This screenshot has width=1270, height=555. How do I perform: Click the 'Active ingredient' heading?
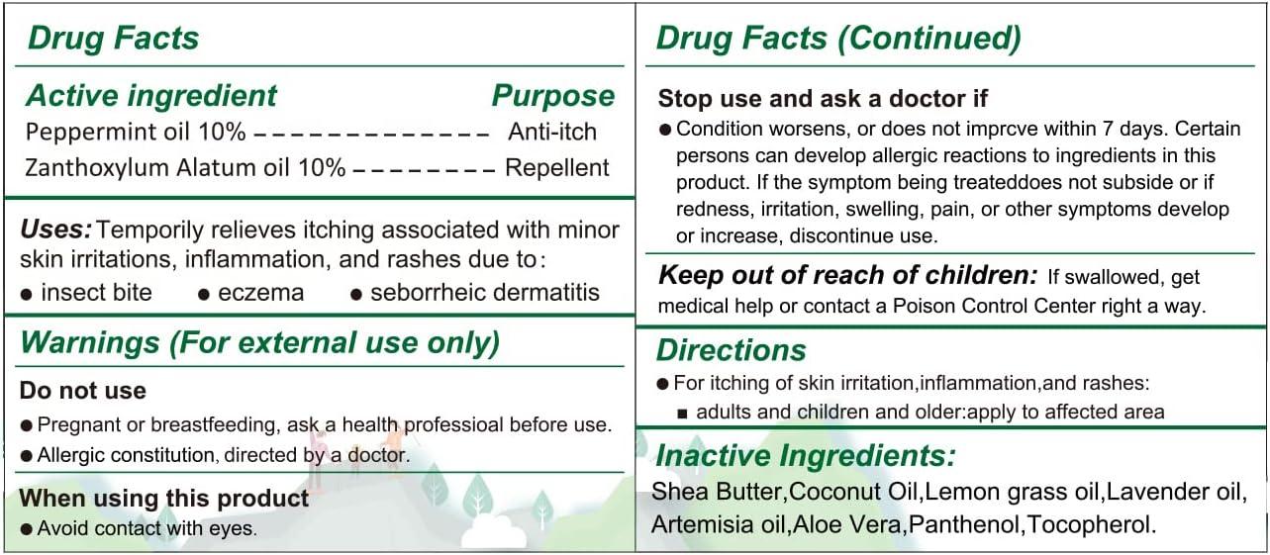tap(151, 96)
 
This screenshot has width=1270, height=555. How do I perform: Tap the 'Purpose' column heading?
tap(552, 96)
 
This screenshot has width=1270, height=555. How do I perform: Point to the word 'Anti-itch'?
tap(552, 132)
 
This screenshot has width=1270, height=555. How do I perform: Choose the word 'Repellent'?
tap(557, 167)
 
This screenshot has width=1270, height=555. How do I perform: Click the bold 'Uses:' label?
tap(55, 231)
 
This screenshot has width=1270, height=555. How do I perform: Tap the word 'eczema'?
tap(260, 293)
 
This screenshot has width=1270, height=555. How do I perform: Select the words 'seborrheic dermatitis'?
tap(485, 293)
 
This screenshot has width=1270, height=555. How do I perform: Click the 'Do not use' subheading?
tap(83, 391)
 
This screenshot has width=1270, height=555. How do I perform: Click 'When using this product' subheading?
tap(164, 498)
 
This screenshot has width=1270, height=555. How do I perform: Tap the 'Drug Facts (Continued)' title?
tap(838, 39)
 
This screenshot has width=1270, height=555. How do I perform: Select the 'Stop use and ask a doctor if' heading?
tap(823, 99)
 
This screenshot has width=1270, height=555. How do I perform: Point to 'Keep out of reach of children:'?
tap(848, 276)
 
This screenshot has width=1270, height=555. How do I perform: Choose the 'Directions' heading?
tap(731, 350)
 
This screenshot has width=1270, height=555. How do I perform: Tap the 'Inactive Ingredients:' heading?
tap(806, 456)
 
